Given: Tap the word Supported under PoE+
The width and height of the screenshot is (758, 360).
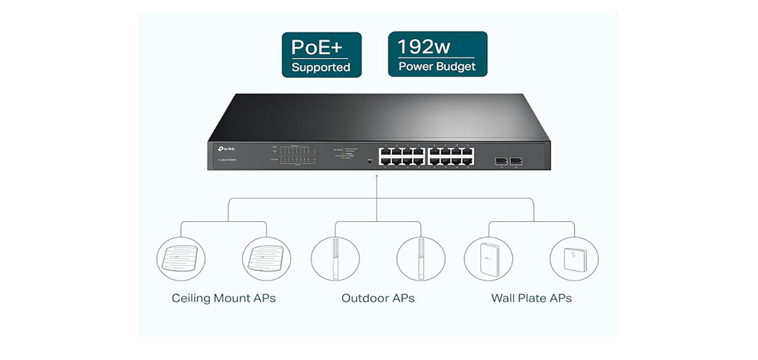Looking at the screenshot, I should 320,68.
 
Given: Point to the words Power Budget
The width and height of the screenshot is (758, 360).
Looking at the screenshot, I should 437,67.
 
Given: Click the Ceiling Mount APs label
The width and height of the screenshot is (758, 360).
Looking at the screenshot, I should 223,298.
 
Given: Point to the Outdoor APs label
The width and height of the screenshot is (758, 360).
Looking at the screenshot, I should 378,298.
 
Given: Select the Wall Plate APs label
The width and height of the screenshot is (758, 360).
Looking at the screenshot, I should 531,298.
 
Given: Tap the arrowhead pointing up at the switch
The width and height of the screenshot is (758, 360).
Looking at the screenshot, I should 377,176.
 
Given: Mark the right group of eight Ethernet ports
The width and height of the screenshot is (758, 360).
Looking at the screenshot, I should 451,157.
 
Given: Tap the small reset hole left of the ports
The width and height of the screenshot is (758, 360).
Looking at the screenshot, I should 370,160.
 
